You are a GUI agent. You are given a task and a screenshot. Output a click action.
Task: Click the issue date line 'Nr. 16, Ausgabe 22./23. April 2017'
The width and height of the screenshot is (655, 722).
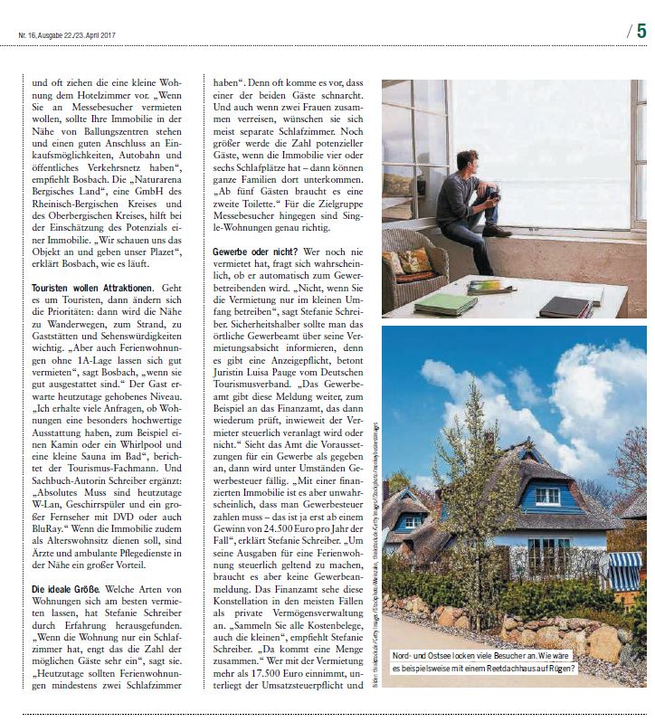70,36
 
